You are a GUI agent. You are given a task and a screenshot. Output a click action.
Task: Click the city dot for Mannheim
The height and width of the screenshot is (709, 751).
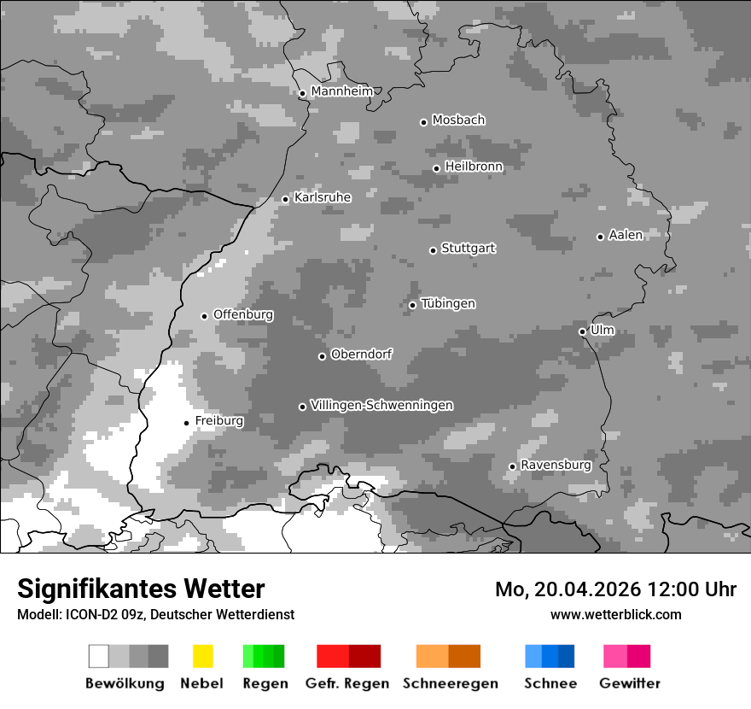(302, 94)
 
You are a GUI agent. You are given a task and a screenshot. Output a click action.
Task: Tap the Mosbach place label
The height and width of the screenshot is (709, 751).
(458, 120)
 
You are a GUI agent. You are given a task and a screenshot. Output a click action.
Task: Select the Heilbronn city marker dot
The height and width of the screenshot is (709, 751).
(436, 168)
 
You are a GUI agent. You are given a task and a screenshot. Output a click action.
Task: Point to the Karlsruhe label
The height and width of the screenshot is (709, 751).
(323, 197)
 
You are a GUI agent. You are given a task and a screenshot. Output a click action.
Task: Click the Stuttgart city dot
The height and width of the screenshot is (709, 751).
(433, 250)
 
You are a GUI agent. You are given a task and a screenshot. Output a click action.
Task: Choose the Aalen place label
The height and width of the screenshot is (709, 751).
(626, 235)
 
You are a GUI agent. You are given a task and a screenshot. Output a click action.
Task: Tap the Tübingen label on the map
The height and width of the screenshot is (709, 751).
(448, 304)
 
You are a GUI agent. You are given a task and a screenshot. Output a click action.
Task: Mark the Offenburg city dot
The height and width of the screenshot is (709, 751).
(204, 316)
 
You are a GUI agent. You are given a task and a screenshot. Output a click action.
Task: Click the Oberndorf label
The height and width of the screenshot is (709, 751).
(361, 354)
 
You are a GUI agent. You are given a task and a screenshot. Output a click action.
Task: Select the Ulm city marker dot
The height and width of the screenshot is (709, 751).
(582, 331)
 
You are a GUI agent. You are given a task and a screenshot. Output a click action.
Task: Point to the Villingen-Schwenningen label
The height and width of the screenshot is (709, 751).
(381, 405)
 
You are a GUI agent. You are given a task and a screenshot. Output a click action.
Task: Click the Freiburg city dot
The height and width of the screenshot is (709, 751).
(186, 423)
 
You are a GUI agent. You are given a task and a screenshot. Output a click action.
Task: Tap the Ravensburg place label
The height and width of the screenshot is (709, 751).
(556, 466)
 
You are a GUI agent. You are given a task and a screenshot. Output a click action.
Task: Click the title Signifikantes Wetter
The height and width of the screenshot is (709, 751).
(141, 589)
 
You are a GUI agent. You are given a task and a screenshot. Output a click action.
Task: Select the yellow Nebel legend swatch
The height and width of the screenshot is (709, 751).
(202, 656)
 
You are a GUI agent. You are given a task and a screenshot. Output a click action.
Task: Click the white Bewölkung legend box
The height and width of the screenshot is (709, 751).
(98, 656)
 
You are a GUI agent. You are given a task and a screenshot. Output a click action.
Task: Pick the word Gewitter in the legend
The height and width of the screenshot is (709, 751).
(629, 683)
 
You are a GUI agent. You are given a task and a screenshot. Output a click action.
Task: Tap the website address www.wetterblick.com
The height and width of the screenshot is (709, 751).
(615, 614)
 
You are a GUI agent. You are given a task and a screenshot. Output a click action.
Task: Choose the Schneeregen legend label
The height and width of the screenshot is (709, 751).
(450, 683)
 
